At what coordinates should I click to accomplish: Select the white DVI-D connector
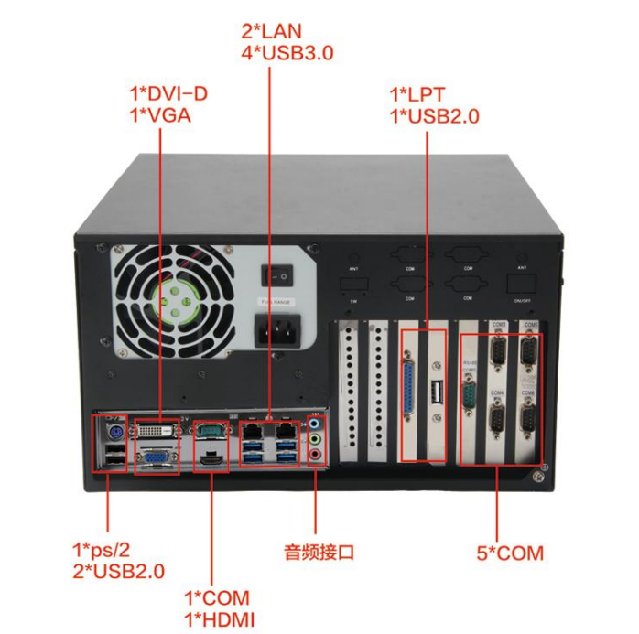coord(157,429)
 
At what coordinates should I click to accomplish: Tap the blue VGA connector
coord(157,456)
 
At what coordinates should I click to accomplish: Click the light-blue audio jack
coord(314,424)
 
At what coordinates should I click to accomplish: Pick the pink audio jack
coord(314,454)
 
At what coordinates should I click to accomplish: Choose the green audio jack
coord(314,439)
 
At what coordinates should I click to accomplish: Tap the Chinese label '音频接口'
coord(319,552)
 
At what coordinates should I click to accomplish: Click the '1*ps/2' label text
coord(102,550)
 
